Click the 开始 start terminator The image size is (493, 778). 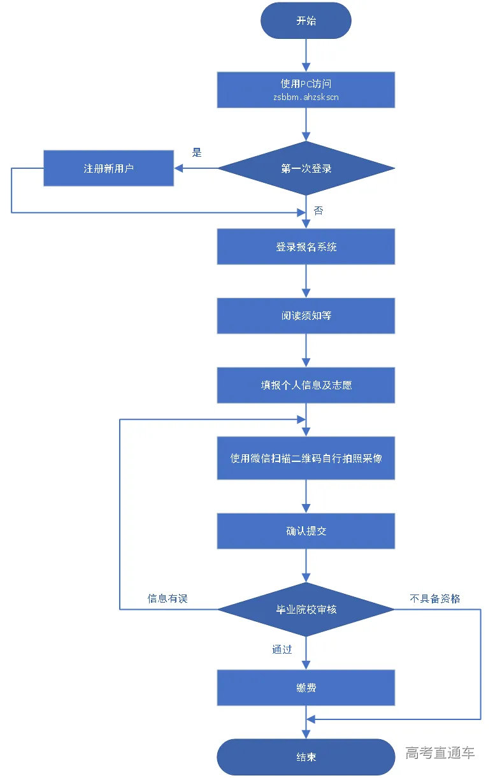306,21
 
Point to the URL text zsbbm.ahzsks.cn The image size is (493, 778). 306,97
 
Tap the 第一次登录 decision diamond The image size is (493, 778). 306,169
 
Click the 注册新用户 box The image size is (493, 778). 108,168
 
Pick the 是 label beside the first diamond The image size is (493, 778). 197,153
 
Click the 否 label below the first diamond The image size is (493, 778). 318,210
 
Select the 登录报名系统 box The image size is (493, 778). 306,247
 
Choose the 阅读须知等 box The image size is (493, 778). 306,315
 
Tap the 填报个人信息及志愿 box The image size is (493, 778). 306,385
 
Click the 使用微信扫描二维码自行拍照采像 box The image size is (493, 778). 306,458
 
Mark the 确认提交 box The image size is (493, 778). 306,531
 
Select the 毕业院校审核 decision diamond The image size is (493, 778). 306,609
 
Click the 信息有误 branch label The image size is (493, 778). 168,598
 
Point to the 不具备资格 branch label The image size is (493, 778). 435,598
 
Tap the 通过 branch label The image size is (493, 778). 282,649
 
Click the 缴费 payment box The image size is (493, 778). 306,688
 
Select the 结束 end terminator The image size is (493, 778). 306,757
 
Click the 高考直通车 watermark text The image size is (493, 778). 440,753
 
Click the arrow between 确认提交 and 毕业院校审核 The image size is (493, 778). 306,566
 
